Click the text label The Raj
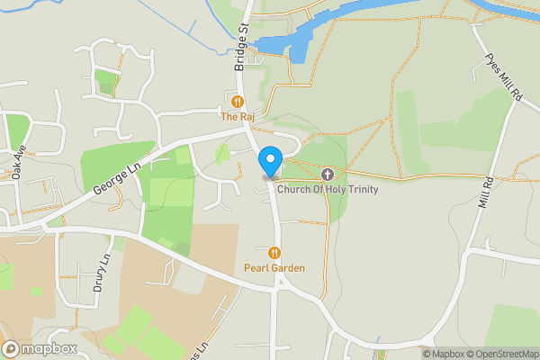(x=238, y=117)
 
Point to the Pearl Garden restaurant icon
(x=274, y=253)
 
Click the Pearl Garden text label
(x=274, y=268)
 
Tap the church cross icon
(x=327, y=174)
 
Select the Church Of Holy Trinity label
(x=328, y=189)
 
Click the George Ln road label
(x=117, y=177)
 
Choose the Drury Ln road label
(x=100, y=274)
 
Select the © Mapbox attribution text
(x=443, y=354)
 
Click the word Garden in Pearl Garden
(x=288, y=268)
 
